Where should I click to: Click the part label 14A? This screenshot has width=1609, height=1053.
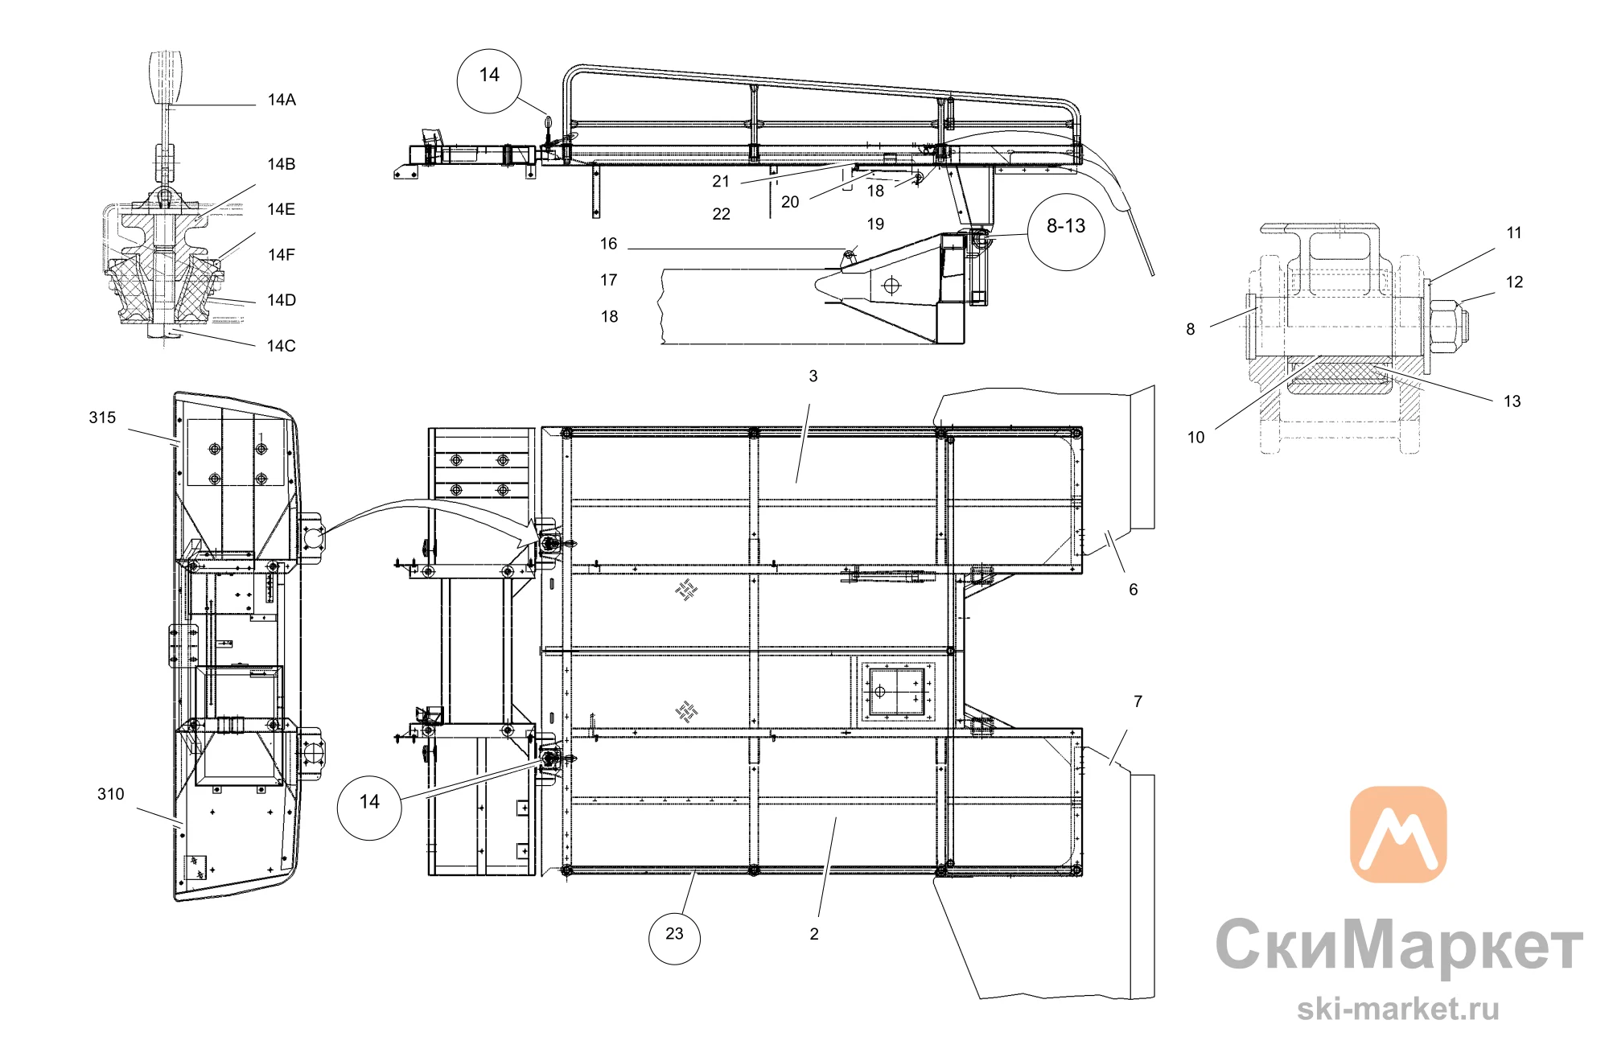click(x=282, y=100)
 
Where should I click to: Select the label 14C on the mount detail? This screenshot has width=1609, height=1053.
click(x=282, y=346)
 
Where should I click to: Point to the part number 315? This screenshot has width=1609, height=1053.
click(x=102, y=417)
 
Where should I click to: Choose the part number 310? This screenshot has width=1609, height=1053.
click(x=111, y=794)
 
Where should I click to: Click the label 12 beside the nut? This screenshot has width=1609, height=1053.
click(x=1514, y=282)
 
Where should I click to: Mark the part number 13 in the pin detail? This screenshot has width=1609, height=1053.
click(x=1512, y=401)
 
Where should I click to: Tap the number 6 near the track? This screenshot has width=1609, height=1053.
click(x=1134, y=590)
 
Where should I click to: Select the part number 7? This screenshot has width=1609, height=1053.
click(x=1138, y=701)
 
